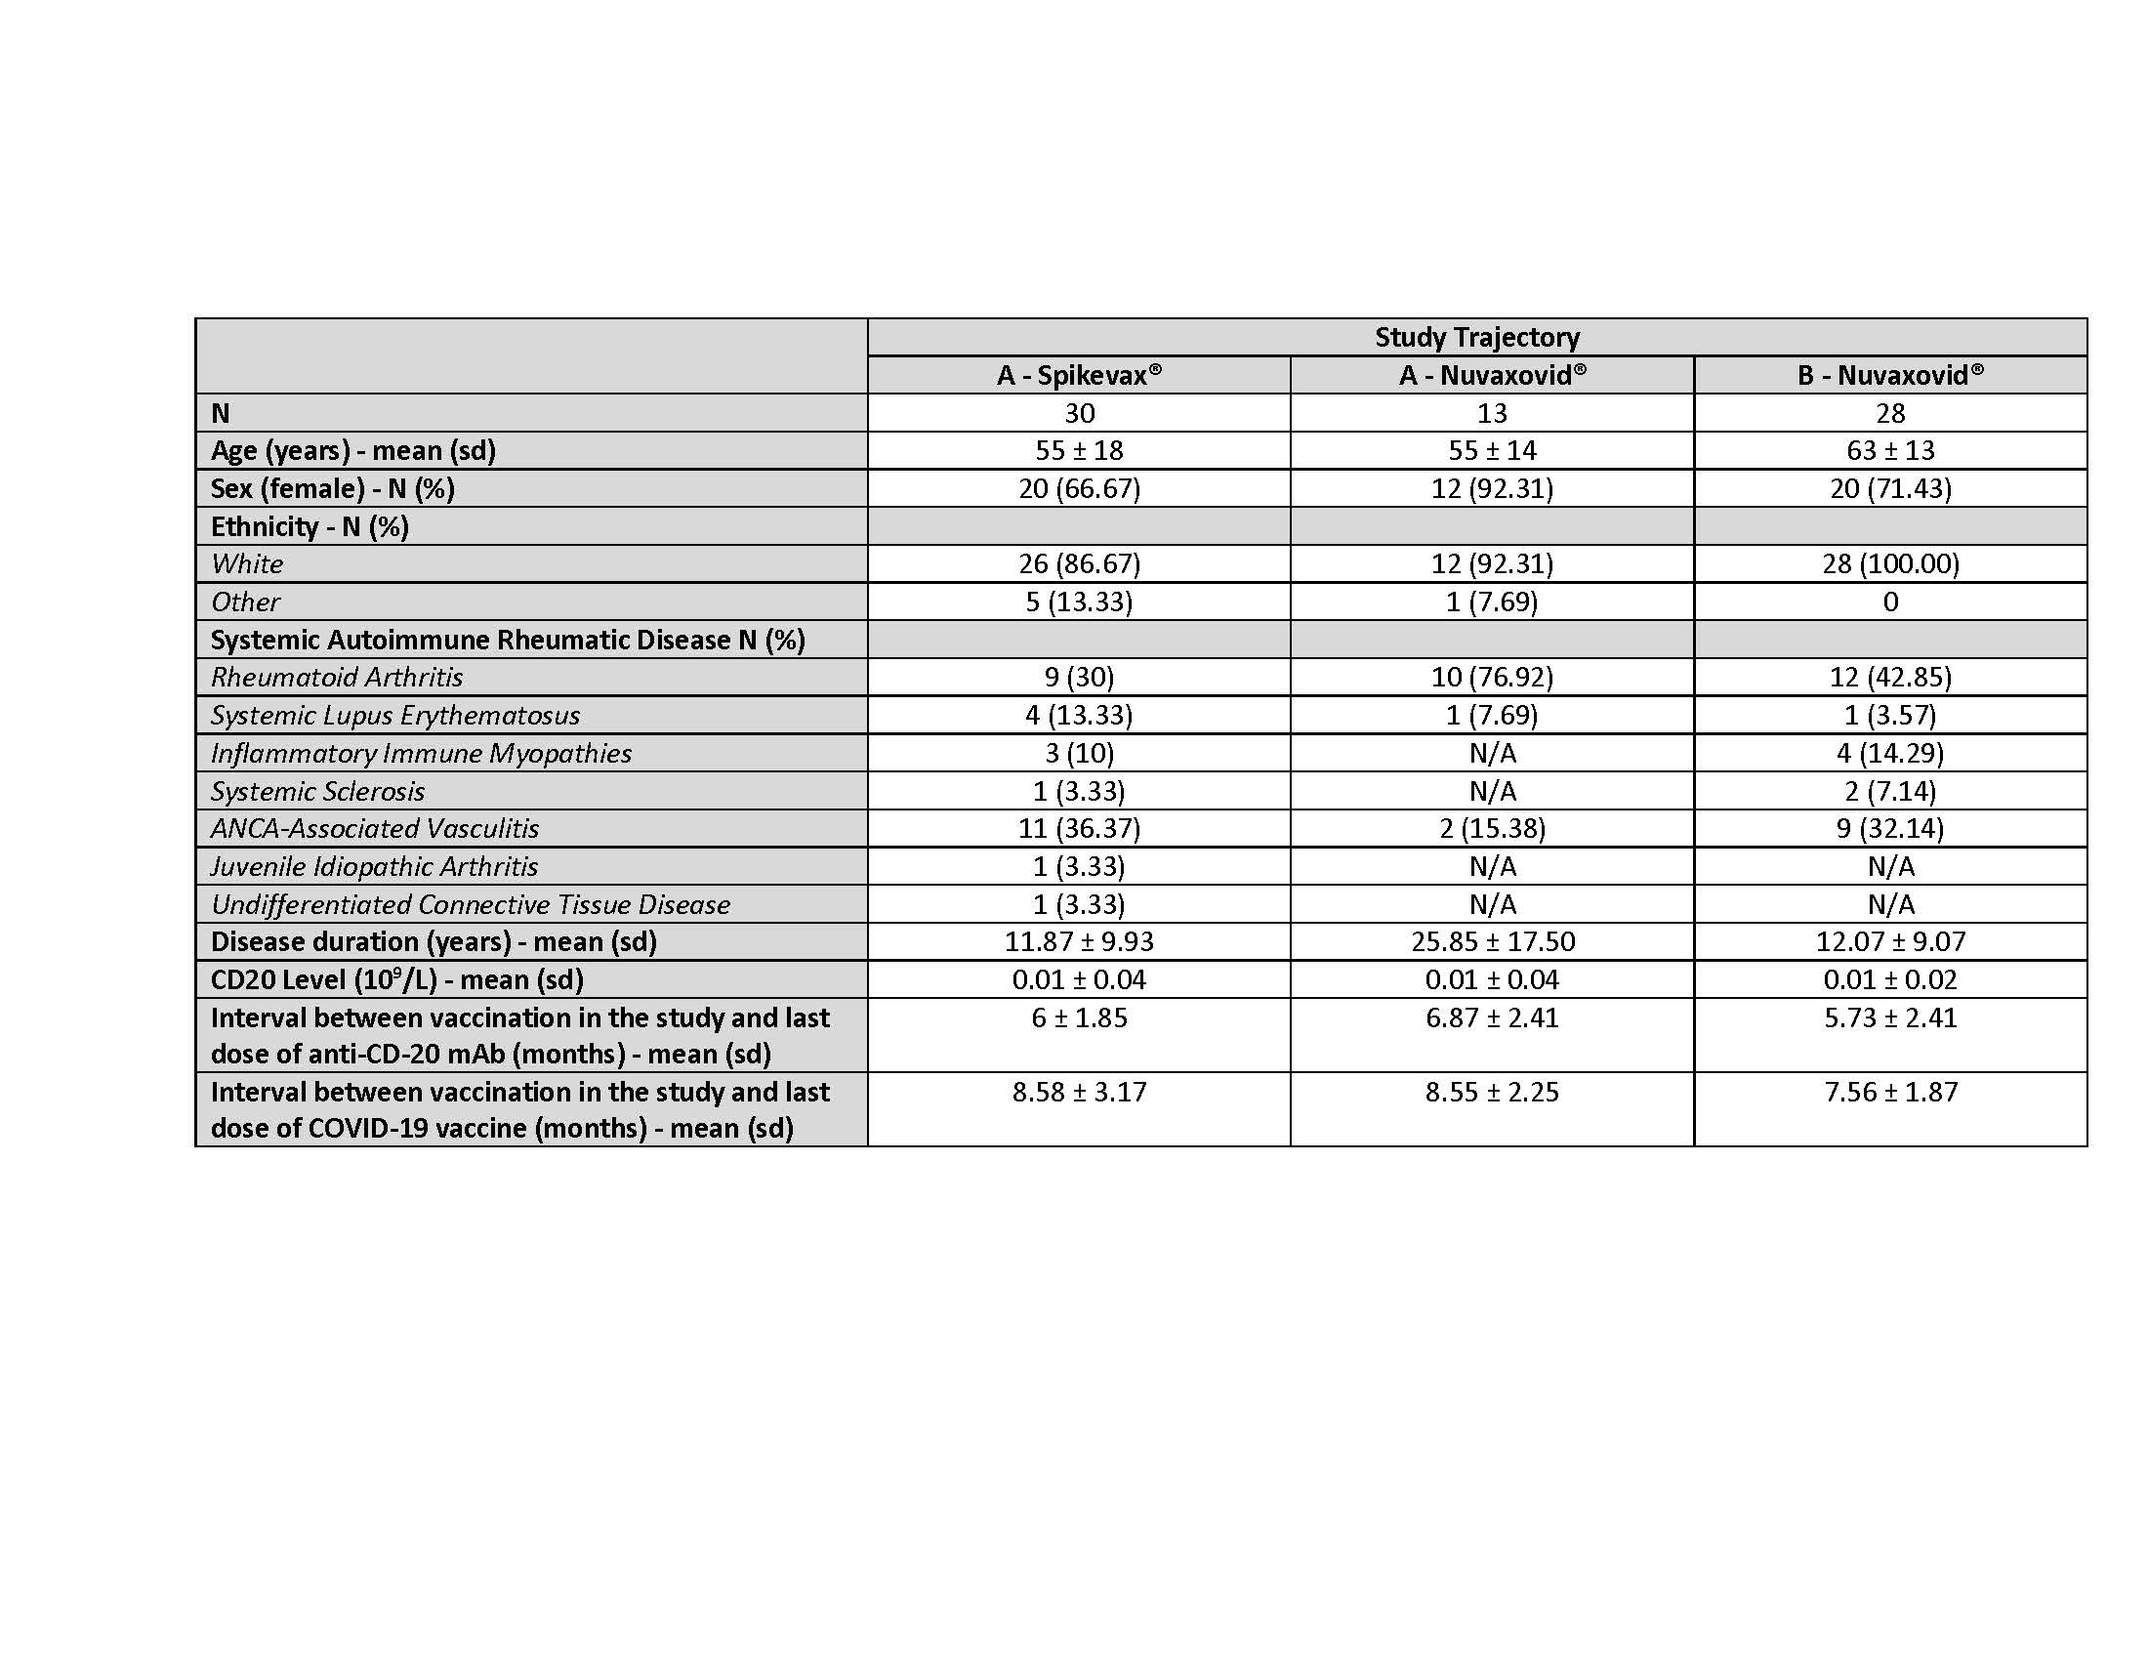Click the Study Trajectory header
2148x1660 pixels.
tap(1476, 337)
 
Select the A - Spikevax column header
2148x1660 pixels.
tap(1079, 376)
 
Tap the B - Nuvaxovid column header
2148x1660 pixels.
tap(1889, 376)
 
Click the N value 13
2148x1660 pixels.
tap(1491, 413)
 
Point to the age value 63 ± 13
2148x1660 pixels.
tap(1889, 450)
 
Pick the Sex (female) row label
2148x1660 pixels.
tap(332, 489)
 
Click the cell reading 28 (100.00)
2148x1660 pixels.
tap(1889, 563)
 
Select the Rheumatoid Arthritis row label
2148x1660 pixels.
tap(337, 678)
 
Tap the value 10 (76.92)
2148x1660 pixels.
tap(1491, 678)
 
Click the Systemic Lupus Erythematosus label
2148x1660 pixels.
tap(394, 715)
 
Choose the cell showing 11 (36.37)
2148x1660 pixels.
tap(1079, 828)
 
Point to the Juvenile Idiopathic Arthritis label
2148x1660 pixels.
tap(374, 866)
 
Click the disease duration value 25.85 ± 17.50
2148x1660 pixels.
tap(1492, 941)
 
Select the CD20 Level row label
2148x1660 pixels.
tap(396, 979)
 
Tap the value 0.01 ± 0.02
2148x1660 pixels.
tap(1889, 979)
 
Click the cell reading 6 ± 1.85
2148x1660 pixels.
tap(1079, 1017)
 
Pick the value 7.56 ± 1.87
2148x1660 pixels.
tap(1889, 1092)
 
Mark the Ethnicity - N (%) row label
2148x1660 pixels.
tap(309, 527)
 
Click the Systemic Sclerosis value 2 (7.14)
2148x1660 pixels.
tap(1889, 791)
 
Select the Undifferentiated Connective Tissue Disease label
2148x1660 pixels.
tap(471, 904)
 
